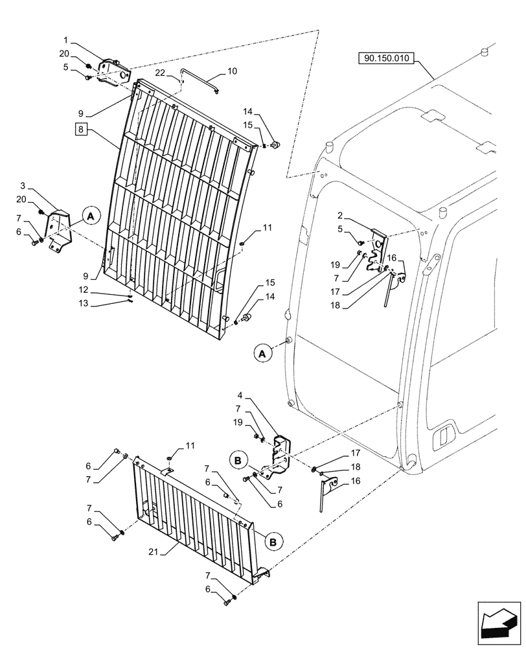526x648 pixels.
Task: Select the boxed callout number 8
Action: point(82,130)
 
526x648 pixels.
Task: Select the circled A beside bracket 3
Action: point(91,216)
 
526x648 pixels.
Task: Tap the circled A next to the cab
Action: point(262,353)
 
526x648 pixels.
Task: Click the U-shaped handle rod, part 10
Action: point(200,82)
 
